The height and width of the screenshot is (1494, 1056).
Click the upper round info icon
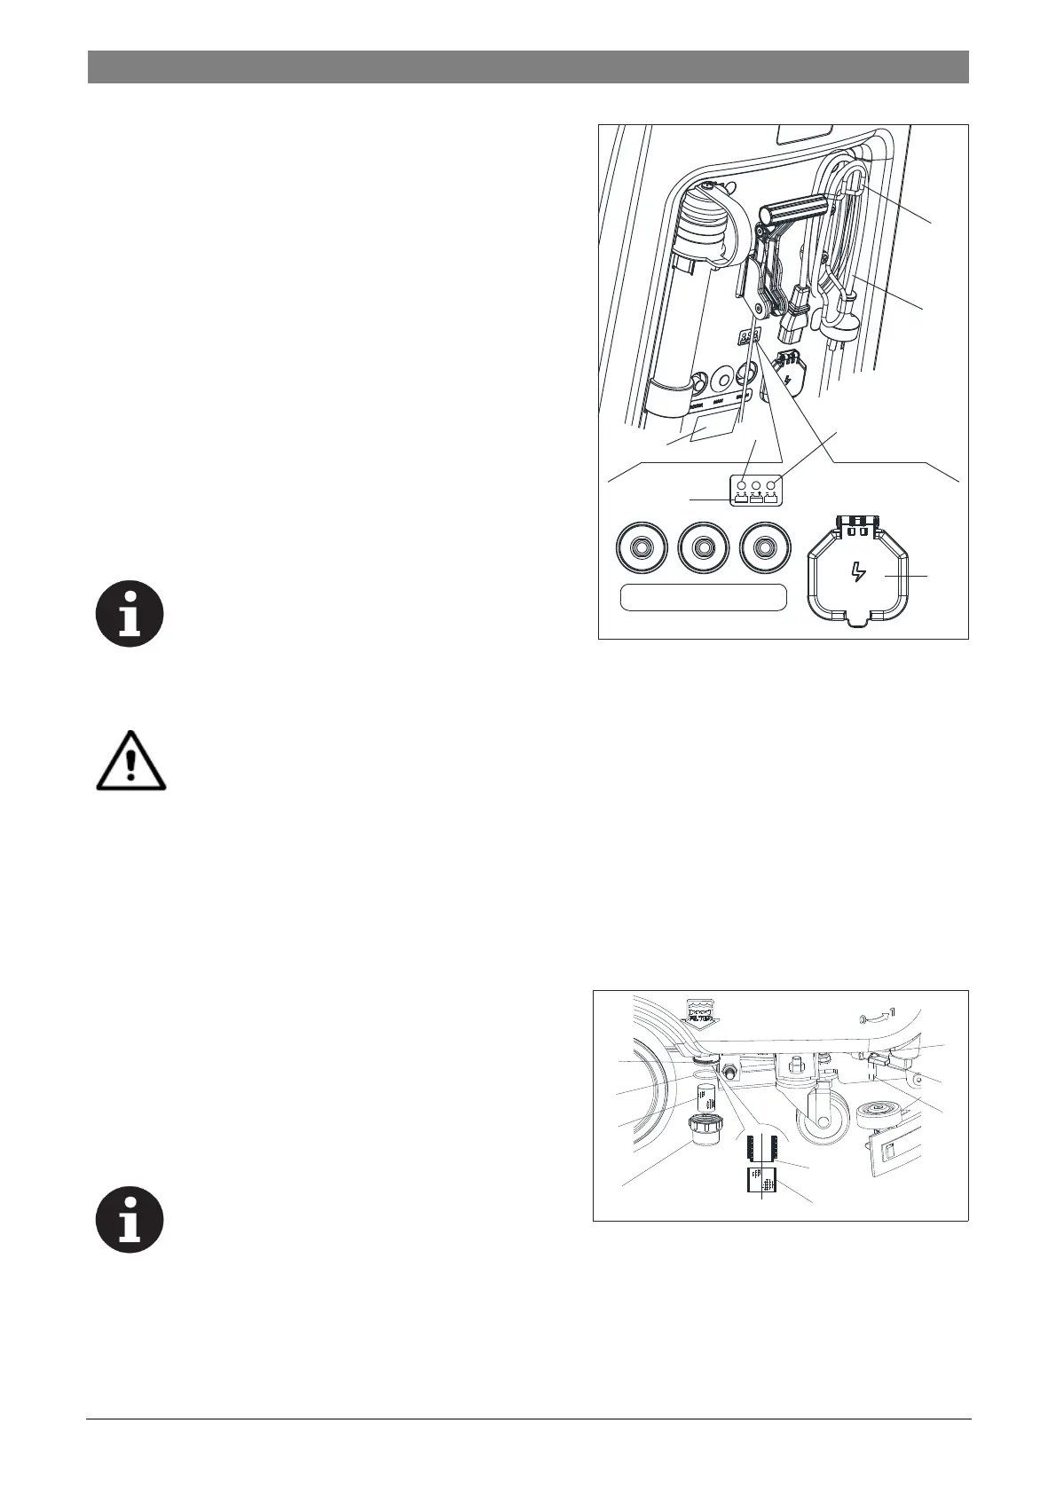pos(130,613)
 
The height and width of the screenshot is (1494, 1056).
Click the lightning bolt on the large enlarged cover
pos(857,571)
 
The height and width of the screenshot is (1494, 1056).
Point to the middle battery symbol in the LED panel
pos(756,498)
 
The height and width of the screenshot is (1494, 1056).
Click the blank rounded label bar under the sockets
pos(703,597)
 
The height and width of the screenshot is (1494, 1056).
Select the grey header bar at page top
pos(528,67)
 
